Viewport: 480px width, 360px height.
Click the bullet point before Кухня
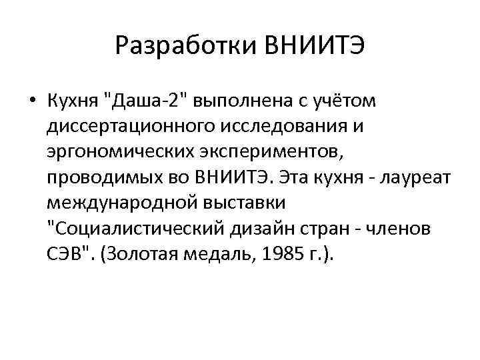[x=32, y=101]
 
